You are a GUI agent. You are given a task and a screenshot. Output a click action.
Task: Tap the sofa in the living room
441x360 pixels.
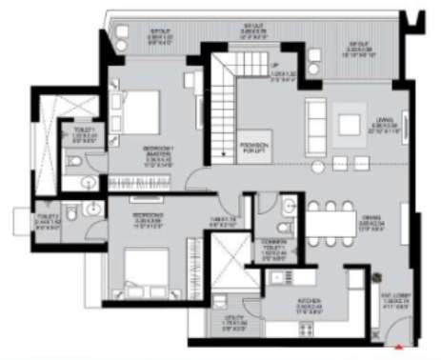pos(315,119)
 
